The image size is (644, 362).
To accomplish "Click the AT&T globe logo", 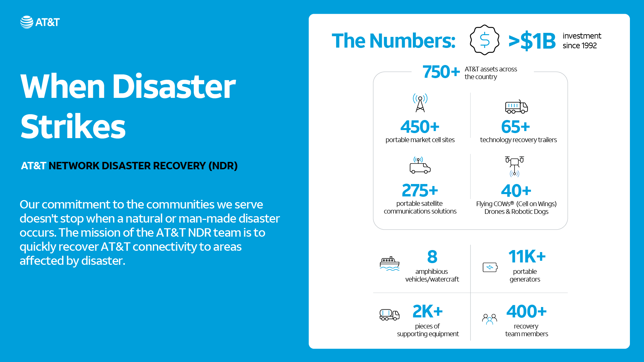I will click(x=27, y=22).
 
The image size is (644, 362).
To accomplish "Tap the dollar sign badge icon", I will click(x=484, y=40).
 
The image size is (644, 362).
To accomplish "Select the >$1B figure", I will click(x=532, y=41).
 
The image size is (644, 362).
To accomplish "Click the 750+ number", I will click(x=441, y=72).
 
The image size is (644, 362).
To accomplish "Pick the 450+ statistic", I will click(x=420, y=127).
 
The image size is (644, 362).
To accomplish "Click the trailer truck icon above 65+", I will click(x=516, y=107).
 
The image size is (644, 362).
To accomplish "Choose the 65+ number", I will click(x=516, y=127).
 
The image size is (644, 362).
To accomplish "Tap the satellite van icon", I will click(x=420, y=165).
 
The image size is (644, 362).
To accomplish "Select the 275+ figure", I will click(x=420, y=190).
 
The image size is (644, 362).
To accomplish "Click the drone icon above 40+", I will click(x=515, y=166).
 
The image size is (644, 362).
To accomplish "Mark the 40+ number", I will click(x=516, y=191).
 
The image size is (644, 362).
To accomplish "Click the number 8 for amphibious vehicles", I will click(x=432, y=257).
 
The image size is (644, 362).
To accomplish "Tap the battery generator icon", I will click(x=490, y=267).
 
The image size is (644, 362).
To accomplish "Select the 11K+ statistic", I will click(x=527, y=257).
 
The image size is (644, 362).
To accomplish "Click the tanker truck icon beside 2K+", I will click(x=389, y=315).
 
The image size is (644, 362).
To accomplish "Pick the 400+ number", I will click(x=527, y=311).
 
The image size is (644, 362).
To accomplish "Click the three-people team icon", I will click(x=489, y=319).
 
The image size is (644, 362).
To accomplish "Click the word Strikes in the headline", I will click(x=73, y=127).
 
